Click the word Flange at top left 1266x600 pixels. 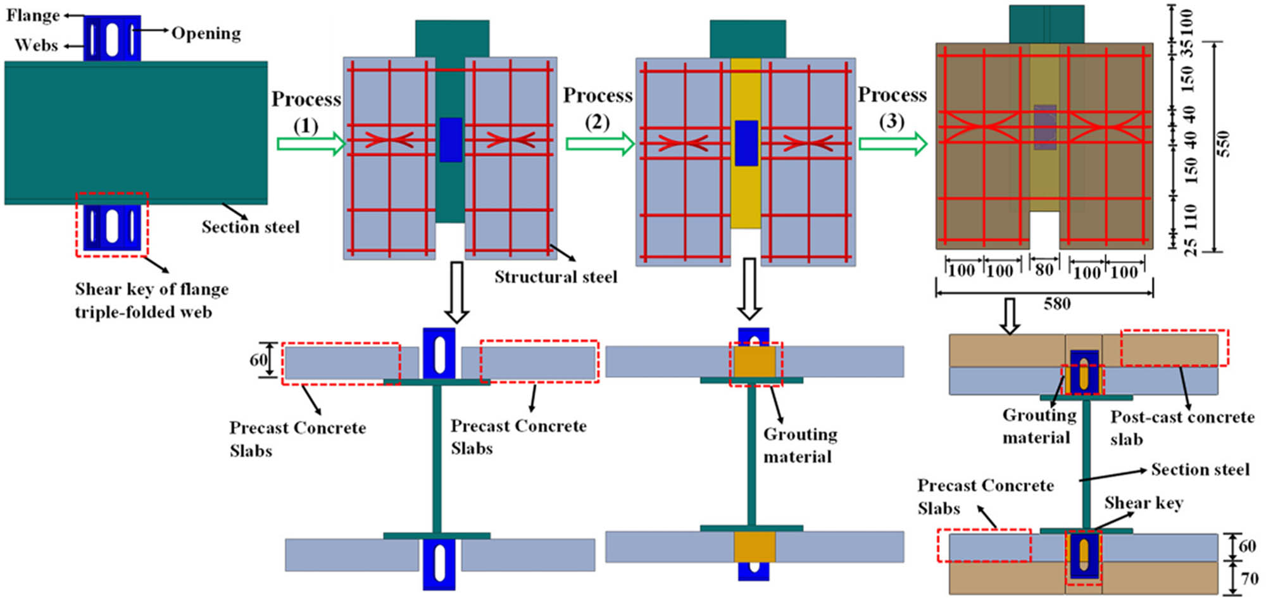click(33, 15)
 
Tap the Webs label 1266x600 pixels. click(36, 45)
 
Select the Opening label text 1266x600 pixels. click(206, 33)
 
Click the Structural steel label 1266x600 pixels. click(556, 277)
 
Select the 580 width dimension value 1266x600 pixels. click(1057, 304)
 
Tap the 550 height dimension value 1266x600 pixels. click(1224, 144)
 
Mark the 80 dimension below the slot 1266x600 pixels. click(1044, 270)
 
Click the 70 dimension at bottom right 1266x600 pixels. click(1249, 579)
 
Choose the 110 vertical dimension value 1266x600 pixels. click(1191, 216)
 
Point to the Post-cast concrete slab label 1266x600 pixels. click(1181, 428)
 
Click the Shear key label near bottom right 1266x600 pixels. click(1144, 503)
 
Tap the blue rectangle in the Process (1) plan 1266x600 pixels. click(451, 139)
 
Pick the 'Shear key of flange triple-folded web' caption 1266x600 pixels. click(151, 301)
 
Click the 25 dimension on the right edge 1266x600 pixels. click(1191, 247)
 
